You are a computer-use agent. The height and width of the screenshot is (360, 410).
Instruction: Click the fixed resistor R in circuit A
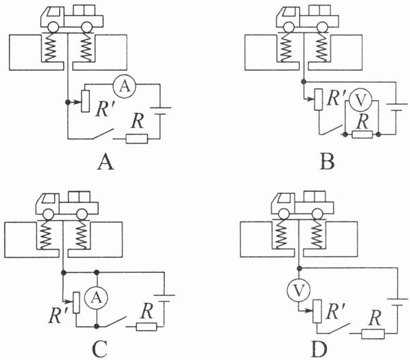[x=137, y=138]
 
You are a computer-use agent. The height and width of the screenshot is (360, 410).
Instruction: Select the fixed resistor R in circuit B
[x=362, y=134]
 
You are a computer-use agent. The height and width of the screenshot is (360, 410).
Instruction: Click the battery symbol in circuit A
[x=161, y=111]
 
